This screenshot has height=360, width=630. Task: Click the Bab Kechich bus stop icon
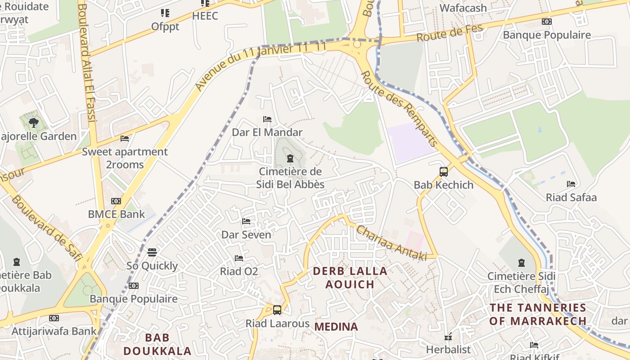(444, 171)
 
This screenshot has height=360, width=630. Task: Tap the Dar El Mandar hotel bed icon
(267, 119)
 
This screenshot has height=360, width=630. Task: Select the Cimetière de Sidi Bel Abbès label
(290, 178)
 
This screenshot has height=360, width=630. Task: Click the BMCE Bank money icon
(116, 201)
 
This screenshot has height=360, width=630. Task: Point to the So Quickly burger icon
(152, 252)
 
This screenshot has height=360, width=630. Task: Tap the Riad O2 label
(239, 271)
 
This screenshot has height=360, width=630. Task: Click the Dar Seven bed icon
(246, 221)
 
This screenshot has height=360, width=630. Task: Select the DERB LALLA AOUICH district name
(350, 278)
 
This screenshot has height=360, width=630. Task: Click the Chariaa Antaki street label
(391, 243)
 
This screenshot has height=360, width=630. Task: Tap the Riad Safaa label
(571, 197)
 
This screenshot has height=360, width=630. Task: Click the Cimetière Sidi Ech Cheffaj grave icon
(522, 262)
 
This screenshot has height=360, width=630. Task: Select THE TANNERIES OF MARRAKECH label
(538, 314)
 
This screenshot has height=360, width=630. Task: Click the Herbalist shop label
(448, 349)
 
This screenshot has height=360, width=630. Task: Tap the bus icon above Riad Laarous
(277, 310)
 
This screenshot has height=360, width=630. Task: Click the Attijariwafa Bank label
(54, 331)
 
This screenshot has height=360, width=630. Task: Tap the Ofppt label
(165, 27)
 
